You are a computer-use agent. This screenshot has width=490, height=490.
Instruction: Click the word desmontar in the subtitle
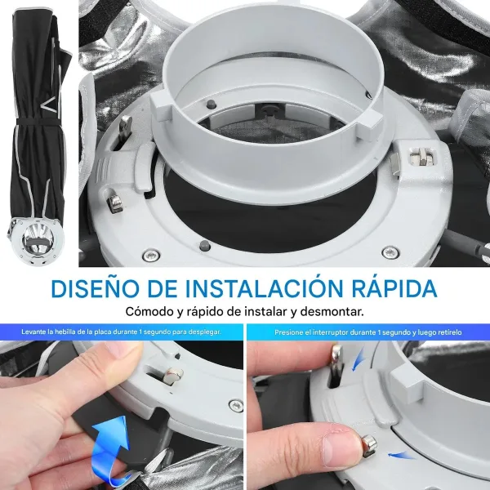332,312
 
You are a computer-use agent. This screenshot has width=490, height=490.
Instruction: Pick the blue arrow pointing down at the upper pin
359,359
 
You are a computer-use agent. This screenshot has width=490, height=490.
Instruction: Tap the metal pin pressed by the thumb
369,445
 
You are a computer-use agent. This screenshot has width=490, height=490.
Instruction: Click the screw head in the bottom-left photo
236,405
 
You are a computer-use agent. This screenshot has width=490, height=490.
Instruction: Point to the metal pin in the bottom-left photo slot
172,376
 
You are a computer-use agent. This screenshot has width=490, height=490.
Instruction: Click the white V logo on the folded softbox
47,105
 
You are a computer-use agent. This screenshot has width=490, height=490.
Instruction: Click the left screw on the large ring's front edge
151,256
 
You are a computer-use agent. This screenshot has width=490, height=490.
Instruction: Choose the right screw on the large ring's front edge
390,252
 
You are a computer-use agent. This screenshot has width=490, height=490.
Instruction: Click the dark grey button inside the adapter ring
211,104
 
